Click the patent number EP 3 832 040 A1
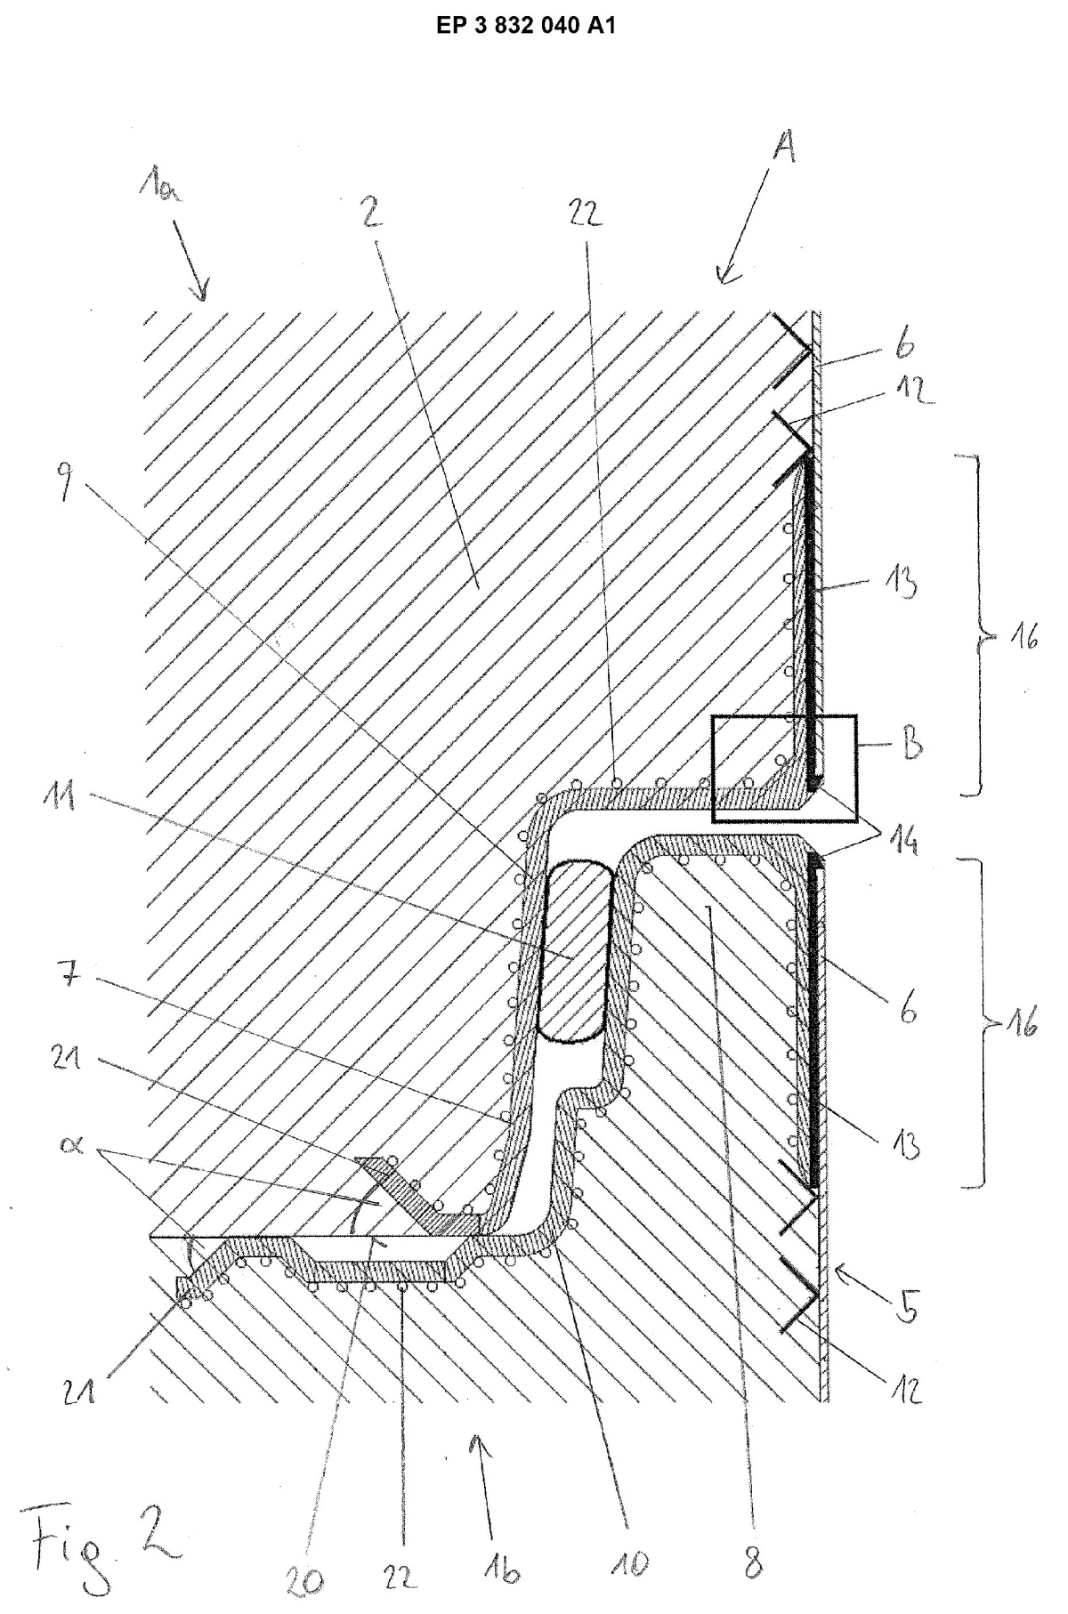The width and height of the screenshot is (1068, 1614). pos(526,27)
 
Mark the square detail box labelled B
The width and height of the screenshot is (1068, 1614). pos(783,767)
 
